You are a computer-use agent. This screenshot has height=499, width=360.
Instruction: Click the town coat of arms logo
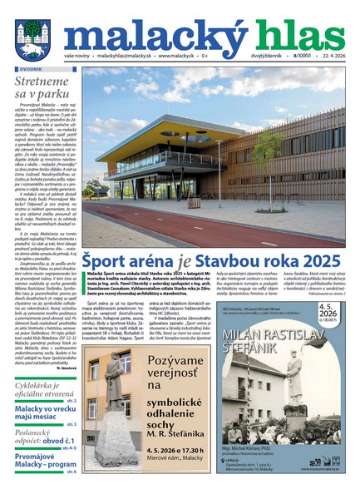(x=31, y=37)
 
